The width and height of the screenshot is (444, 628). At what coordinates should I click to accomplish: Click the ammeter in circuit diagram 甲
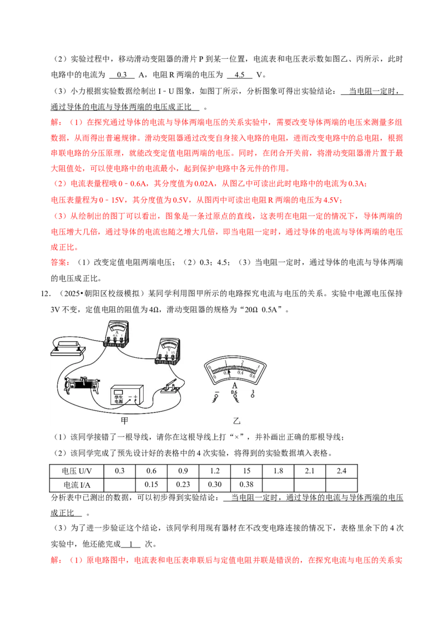tap(116, 333)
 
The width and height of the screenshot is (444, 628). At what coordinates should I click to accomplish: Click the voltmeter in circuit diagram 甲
tap(168, 351)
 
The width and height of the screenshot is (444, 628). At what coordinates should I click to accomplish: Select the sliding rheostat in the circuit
tap(82, 386)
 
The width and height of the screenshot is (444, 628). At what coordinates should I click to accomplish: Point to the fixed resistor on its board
tap(68, 347)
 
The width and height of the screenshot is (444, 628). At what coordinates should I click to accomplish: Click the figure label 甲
tap(125, 420)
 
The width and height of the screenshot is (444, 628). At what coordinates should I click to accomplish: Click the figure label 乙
tap(236, 420)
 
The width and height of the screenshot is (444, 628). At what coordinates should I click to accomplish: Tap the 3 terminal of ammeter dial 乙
tap(253, 394)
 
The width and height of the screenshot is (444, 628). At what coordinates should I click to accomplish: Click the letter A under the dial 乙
tap(235, 386)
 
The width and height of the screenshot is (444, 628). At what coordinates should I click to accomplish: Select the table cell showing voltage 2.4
tap(341, 471)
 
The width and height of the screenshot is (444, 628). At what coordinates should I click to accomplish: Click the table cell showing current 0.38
tap(246, 485)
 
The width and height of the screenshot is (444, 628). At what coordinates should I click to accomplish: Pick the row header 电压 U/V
tap(77, 471)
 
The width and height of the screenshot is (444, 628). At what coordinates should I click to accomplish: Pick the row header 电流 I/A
tap(77, 485)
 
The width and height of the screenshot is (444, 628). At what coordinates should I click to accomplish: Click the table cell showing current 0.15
tap(152, 485)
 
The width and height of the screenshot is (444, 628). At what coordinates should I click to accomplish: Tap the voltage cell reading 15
tap(246, 471)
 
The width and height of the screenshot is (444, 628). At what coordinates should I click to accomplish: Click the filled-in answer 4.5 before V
tap(240, 75)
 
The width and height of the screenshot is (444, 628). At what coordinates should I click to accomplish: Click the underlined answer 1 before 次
tap(131, 544)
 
